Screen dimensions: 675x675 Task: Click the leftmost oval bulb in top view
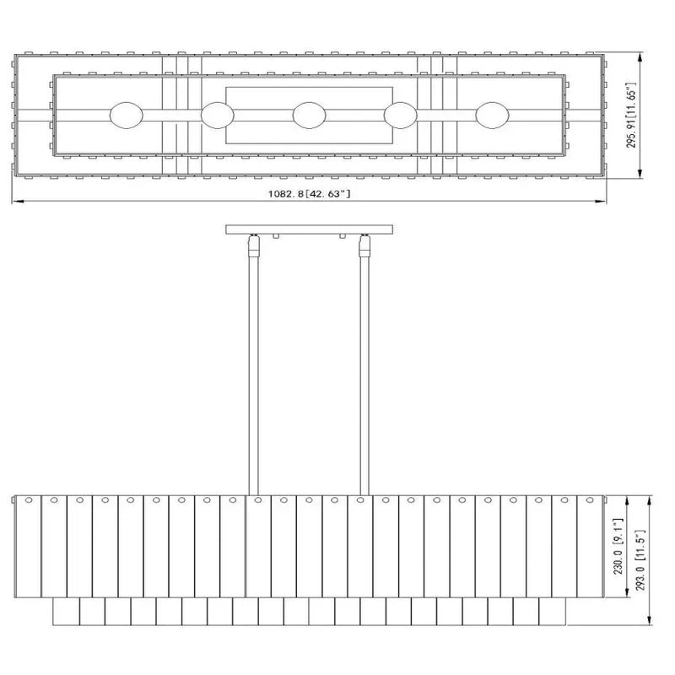click(127, 115)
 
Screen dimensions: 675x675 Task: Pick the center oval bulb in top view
click(309, 115)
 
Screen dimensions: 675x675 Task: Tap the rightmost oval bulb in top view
click(492, 115)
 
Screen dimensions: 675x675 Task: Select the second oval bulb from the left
click(217, 115)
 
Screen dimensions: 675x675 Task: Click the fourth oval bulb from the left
click(400, 115)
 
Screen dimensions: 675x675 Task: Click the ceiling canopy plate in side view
click(309, 229)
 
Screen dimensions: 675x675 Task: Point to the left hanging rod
click(251, 371)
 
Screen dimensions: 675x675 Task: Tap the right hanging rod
click(364, 371)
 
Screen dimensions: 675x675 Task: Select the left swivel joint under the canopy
click(251, 246)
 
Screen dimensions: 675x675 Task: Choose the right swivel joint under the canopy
click(364, 246)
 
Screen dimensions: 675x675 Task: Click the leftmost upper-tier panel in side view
click(28, 546)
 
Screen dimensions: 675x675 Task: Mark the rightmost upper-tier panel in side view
click(591, 546)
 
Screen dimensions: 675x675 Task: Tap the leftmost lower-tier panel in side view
click(66, 612)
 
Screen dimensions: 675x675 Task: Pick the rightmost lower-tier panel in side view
click(552, 612)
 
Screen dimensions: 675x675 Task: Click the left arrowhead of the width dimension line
click(15, 202)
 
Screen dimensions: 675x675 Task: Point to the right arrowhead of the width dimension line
click(603, 202)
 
